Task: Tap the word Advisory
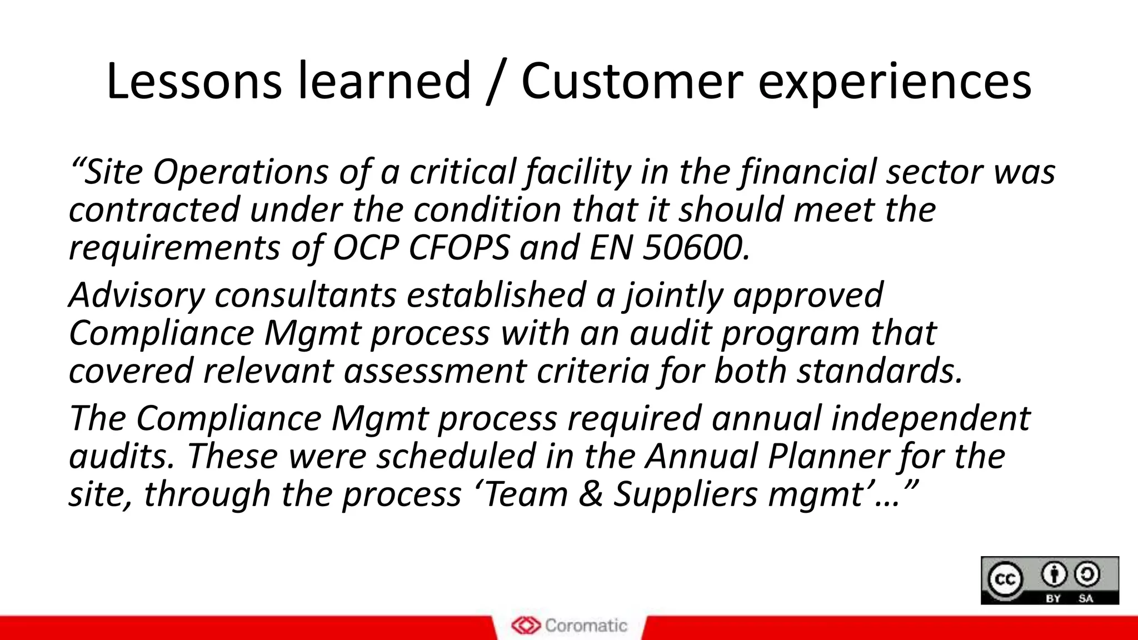tap(137, 296)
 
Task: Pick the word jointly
tap(673, 296)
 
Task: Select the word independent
tap(930, 418)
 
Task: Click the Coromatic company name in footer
tap(586, 626)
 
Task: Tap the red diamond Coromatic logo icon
tap(526, 626)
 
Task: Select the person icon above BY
tap(1054, 574)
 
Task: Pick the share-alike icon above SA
tap(1086, 574)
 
